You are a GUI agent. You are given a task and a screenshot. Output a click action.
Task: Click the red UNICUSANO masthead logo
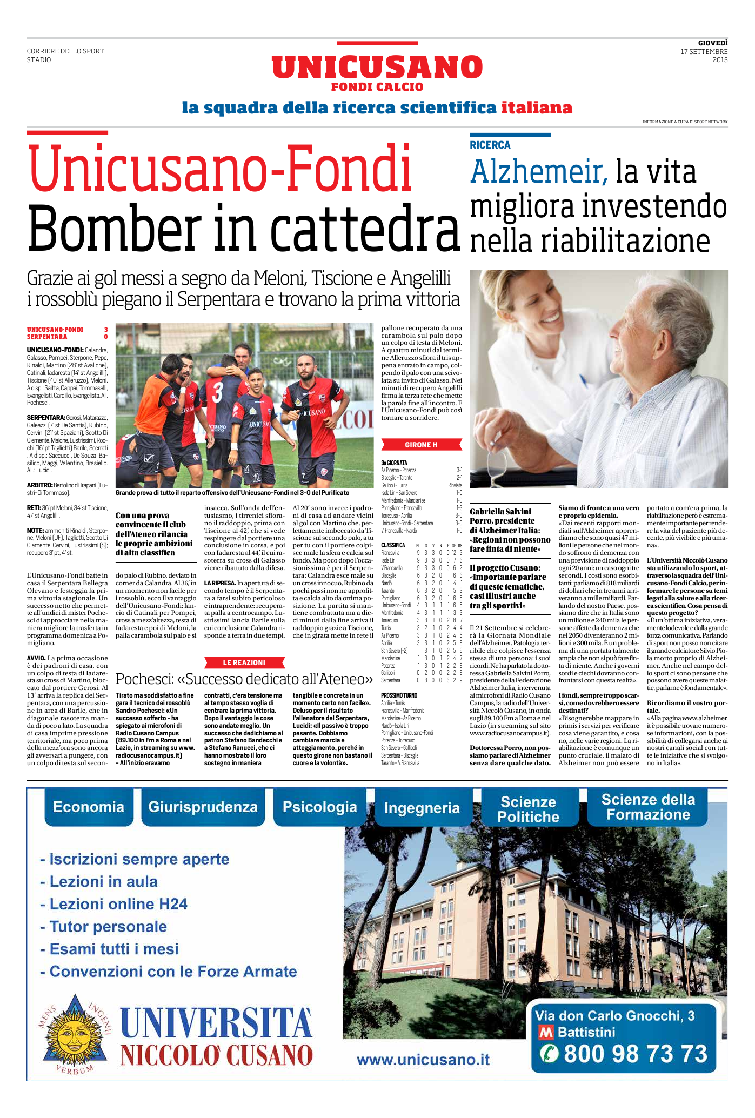(x=377, y=68)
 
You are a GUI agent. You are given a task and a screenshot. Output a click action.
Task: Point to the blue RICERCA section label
(x=490, y=145)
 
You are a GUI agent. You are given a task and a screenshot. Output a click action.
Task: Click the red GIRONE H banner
(x=421, y=445)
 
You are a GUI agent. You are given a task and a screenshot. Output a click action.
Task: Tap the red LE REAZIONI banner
(x=244, y=662)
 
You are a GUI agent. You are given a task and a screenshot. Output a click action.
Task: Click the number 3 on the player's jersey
(x=217, y=392)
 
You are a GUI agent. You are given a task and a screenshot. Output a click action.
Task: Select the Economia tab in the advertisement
(x=89, y=807)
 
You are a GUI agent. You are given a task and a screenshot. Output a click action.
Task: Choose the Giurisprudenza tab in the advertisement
(x=203, y=807)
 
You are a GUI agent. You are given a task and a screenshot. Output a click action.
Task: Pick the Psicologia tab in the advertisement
(x=319, y=807)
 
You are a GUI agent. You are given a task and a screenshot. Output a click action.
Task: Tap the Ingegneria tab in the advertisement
(x=422, y=808)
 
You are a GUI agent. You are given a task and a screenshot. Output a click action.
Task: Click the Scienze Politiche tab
(x=528, y=809)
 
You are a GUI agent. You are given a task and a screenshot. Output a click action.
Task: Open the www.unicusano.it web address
(x=423, y=1060)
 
